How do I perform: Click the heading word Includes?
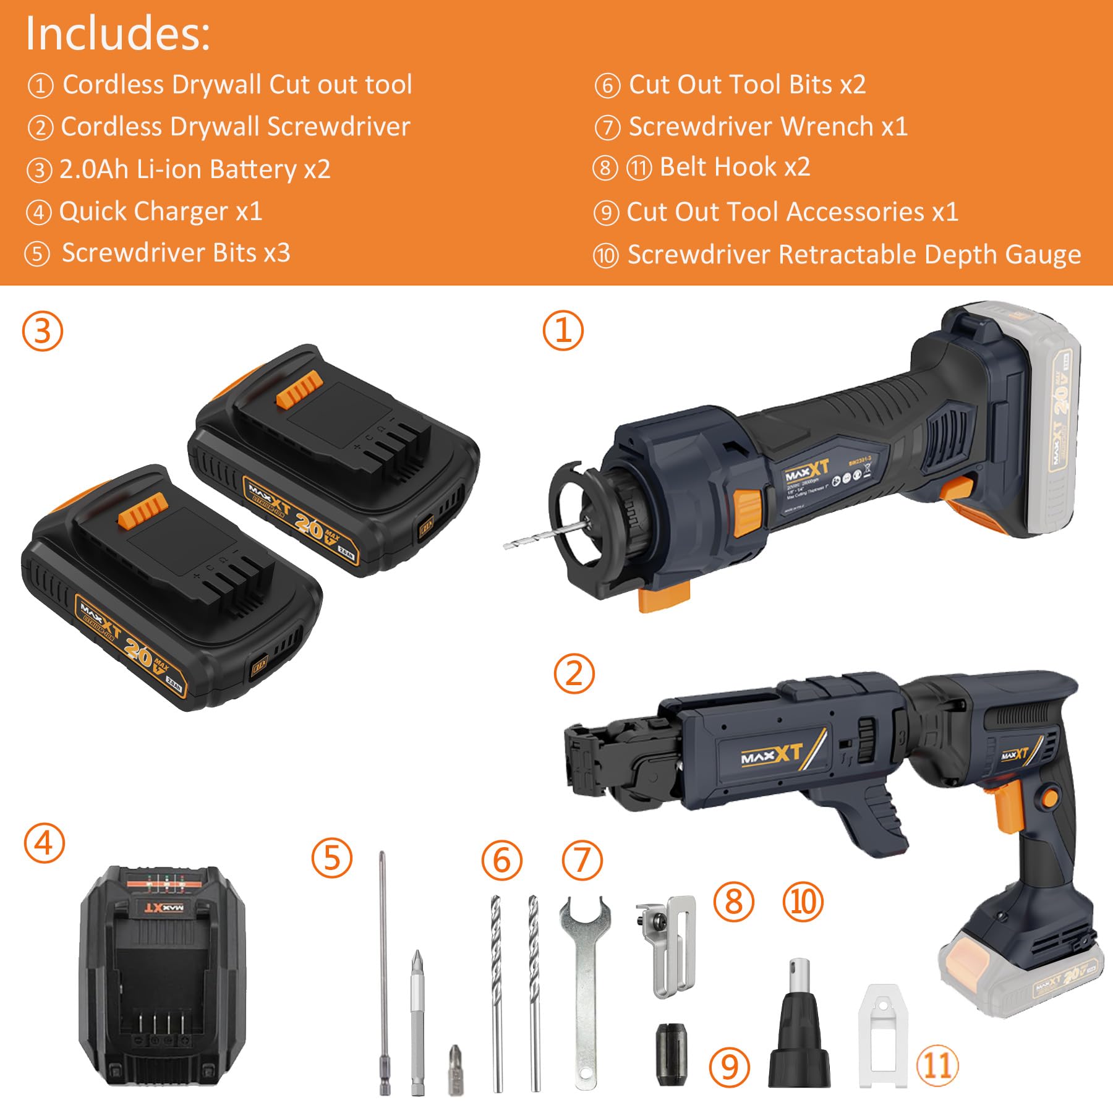117,33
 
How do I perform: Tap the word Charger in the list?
189,212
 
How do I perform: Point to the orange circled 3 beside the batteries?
43,331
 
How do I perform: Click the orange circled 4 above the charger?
44,843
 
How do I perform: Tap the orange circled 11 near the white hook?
937,1065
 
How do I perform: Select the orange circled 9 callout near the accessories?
730,1067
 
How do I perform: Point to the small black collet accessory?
670,1054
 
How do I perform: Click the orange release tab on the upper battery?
299,390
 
